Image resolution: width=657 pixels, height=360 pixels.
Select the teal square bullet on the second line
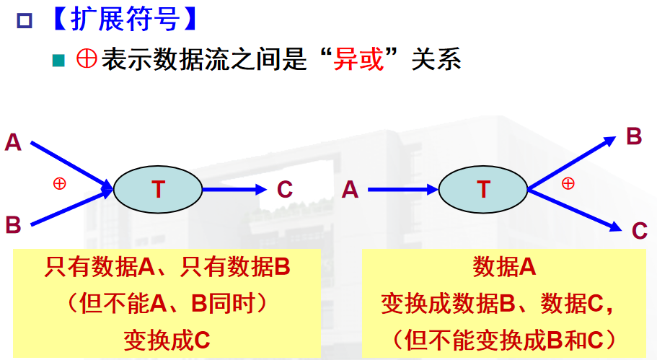pos(58,61)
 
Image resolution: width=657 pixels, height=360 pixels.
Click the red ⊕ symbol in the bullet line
pos(86,60)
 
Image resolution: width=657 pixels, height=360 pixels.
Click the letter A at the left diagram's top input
pos(13,142)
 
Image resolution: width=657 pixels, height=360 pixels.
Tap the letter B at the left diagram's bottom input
pos(13,224)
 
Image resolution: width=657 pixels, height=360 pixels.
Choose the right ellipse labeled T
pos(483,190)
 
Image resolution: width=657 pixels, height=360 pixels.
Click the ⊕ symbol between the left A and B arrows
pos(59,183)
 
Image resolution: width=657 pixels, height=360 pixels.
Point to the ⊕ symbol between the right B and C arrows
pos(568,183)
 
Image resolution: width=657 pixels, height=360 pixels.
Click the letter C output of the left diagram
pos(285,190)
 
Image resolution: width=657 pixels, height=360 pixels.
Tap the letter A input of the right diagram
pos(350,190)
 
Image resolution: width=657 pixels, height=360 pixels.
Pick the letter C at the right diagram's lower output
pos(639,231)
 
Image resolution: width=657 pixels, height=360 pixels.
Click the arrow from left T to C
pos(234,190)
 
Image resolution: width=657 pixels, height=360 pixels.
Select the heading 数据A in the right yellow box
pos(504,268)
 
